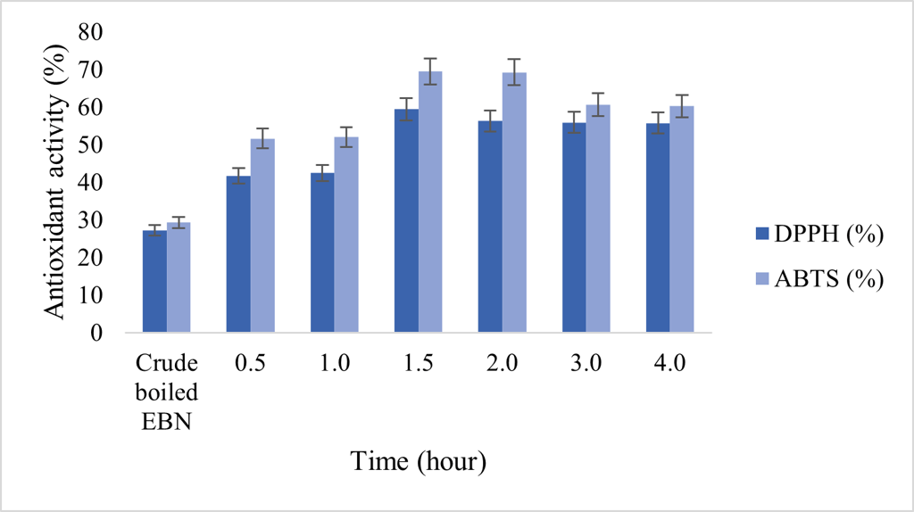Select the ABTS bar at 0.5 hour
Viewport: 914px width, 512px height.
coord(262,236)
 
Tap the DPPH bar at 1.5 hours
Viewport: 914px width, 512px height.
coord(406,221)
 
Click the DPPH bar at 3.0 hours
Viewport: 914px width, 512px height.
coord(574,227)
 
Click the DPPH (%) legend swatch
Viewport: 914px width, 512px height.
coord(763,234)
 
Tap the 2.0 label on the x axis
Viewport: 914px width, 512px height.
coord(502,363)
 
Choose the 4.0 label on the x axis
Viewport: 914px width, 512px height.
coord(669,363)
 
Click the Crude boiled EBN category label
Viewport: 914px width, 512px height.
coord(166,390)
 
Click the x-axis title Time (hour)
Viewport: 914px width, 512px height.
coord(418,461)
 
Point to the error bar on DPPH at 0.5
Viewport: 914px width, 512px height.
coord(238,176)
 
